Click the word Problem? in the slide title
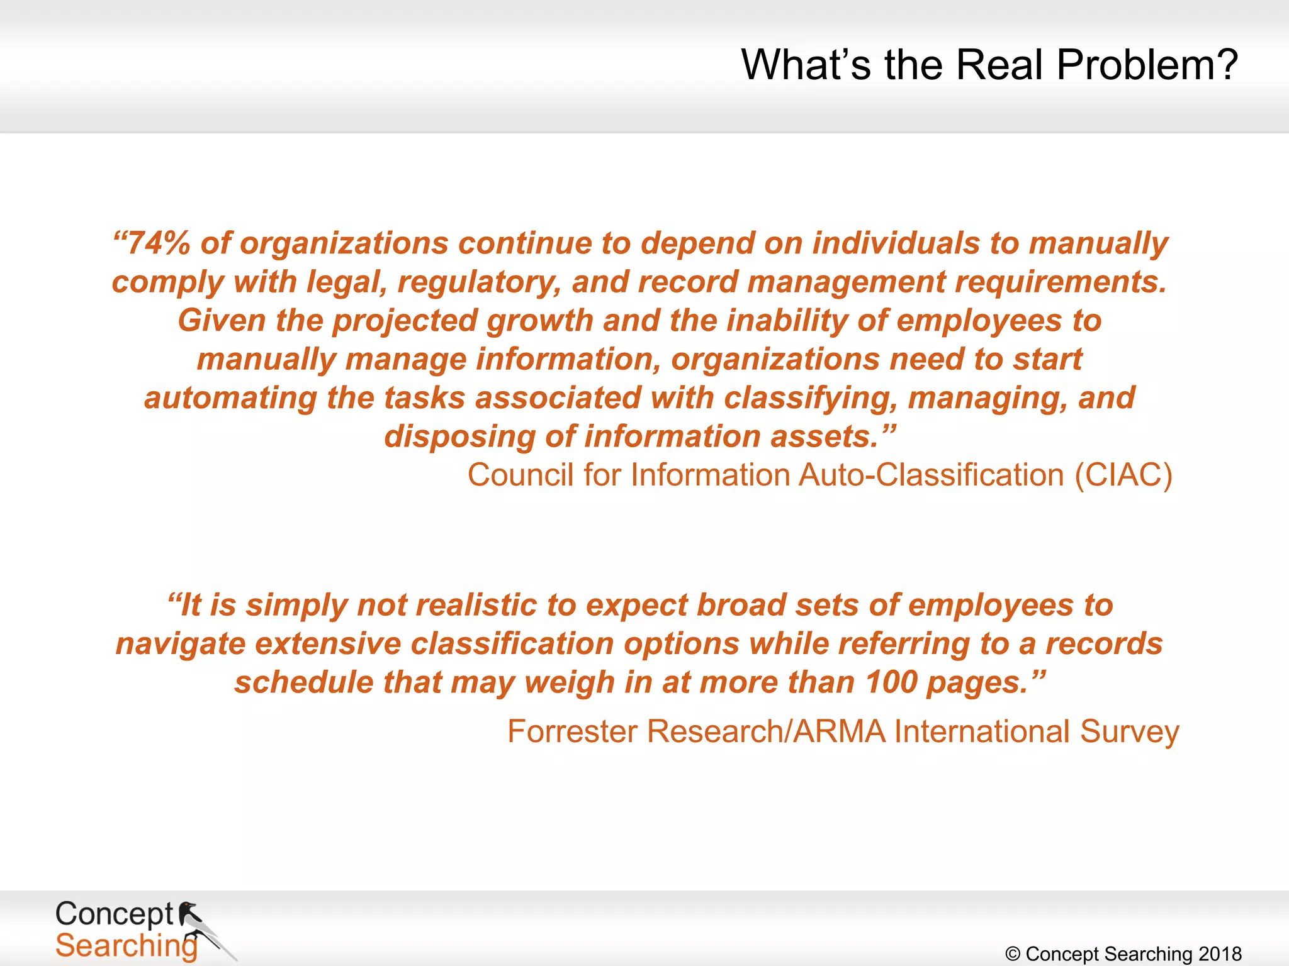(1147, 65)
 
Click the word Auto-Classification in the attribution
(930, 475)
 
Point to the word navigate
(180, 644)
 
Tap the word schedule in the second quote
(304, 682)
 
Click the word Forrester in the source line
(571, 731)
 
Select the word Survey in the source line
(1129, 731)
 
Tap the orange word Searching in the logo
(126, 945)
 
